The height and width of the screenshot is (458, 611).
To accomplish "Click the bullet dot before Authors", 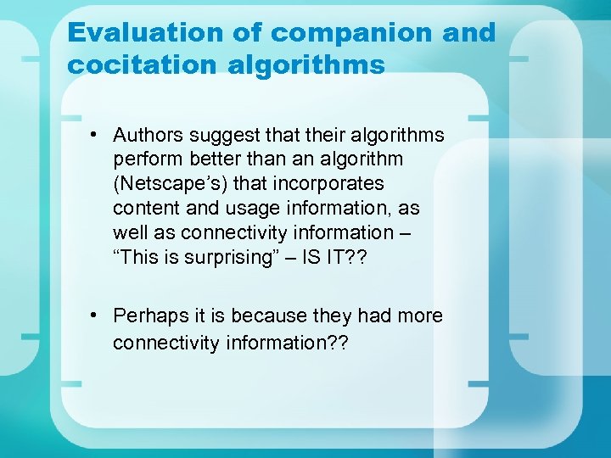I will (x=99, y=136).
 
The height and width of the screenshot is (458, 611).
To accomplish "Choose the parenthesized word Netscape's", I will (x=171, y=184).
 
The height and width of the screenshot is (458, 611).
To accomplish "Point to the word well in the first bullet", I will (x=129, y=233).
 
